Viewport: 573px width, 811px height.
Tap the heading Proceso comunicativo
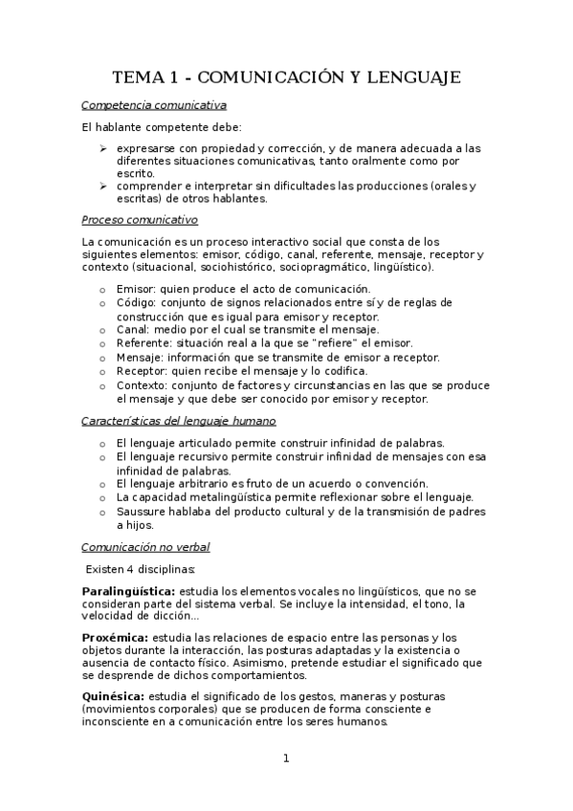[x=140, y=219]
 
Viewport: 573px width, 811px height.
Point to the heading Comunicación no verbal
[x=145, y=547]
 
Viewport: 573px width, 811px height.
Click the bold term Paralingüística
[x=128, y=592]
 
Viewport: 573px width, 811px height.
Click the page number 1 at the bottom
[x=286, y=759]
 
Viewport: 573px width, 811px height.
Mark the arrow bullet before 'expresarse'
[x=103, y=148]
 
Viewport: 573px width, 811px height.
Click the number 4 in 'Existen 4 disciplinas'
[x=129, y=569]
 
